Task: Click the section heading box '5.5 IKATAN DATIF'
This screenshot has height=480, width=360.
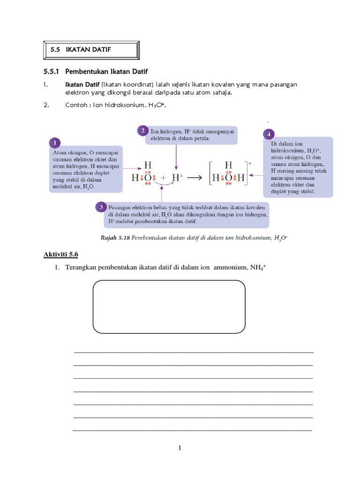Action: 91,49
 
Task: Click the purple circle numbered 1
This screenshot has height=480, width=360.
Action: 55,142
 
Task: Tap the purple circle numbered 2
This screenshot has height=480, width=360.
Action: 142,130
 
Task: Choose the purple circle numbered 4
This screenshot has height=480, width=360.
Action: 269,134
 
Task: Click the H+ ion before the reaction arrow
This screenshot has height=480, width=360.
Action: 177,178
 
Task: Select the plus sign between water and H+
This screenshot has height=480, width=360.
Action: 163,178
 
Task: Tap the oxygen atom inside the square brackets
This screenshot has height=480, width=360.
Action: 229,178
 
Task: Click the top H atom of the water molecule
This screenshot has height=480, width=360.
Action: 148,165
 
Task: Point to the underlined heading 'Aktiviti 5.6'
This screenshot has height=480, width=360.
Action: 60,254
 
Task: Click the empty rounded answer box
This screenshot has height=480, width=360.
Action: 169,307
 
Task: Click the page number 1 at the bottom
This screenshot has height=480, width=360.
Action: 180,449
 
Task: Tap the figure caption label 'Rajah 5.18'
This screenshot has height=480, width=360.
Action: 115,238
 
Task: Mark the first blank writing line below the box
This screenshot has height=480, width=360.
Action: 194,352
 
